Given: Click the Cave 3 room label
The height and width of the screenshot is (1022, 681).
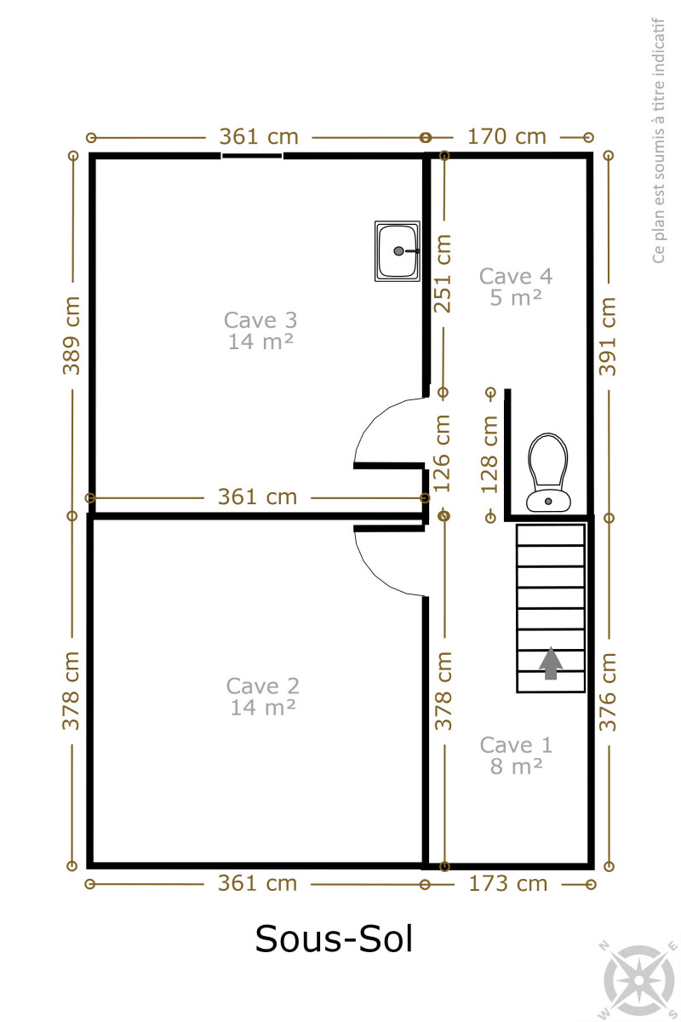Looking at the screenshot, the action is point(260,330).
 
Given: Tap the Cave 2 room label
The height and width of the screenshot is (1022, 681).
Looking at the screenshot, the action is point(263,697).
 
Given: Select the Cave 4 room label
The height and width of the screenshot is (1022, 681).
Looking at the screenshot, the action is point(516,287).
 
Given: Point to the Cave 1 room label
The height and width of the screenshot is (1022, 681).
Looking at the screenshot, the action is point(516,755).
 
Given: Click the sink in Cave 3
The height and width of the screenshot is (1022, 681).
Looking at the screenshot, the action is point(398,251).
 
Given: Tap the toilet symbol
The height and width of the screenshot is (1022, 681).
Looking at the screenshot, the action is point(548,472).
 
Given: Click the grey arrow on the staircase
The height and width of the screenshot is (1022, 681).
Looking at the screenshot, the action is point(551,663).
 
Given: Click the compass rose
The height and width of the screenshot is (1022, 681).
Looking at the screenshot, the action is point(638,980).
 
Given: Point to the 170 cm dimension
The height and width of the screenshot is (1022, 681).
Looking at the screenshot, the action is point(506,137).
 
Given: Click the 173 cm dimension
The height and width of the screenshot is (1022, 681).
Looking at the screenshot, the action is point(508,884).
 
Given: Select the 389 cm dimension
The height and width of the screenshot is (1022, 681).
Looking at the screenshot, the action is point(72,336).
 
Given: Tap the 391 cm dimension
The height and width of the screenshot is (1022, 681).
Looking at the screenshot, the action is point(608,336).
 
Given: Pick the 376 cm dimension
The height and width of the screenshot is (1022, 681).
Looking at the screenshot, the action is point(608,692).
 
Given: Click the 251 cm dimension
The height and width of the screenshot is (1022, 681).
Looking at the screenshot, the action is point(442,273).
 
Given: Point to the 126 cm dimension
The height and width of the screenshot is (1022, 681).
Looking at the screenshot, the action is point(442,453).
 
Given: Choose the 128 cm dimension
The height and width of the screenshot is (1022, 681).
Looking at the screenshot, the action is point(489,455).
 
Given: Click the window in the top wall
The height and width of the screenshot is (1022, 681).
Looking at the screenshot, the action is point(252,156).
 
